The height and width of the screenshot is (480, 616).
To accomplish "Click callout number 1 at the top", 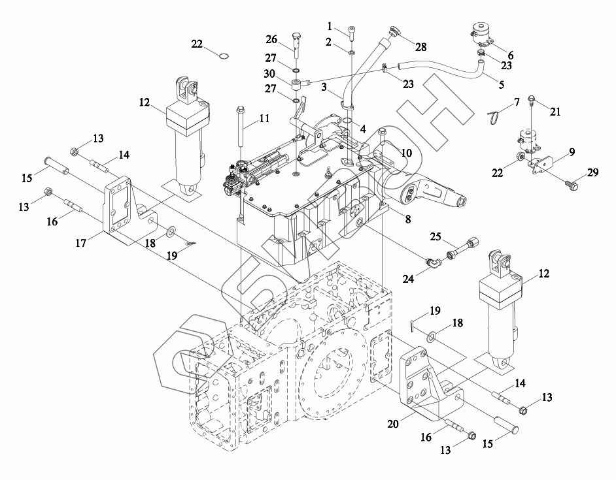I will (x=331, y=26).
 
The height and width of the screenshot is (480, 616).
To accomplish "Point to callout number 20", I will (x=394, y=424).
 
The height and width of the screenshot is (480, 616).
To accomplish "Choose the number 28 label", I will (x=420, y=46).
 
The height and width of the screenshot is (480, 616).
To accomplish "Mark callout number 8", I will (x=407, y=220).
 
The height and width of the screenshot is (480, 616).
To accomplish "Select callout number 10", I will (x=406, y=152).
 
